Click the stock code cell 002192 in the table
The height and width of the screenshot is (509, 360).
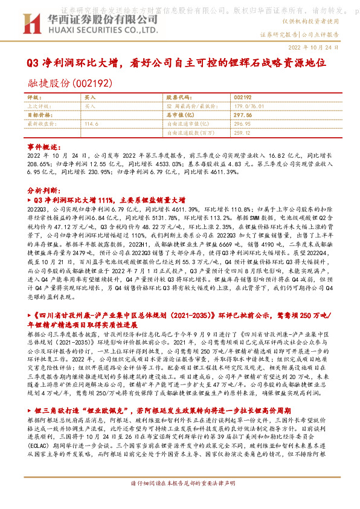pos(242,97)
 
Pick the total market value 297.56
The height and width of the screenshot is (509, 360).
pos(243,114)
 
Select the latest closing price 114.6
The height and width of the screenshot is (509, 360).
pos(92,123)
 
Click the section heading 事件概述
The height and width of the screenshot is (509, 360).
pos(42,146)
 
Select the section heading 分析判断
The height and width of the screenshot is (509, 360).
pos(42,188)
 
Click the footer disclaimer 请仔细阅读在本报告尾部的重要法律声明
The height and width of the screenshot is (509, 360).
pos(179,499)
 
